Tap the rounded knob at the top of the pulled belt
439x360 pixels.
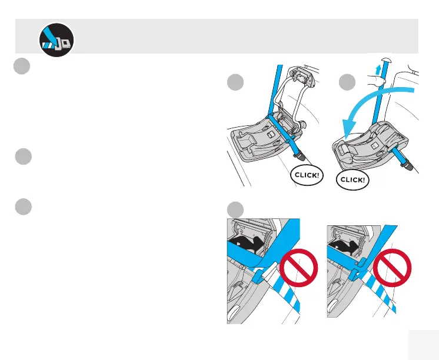(x=386, y=61)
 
